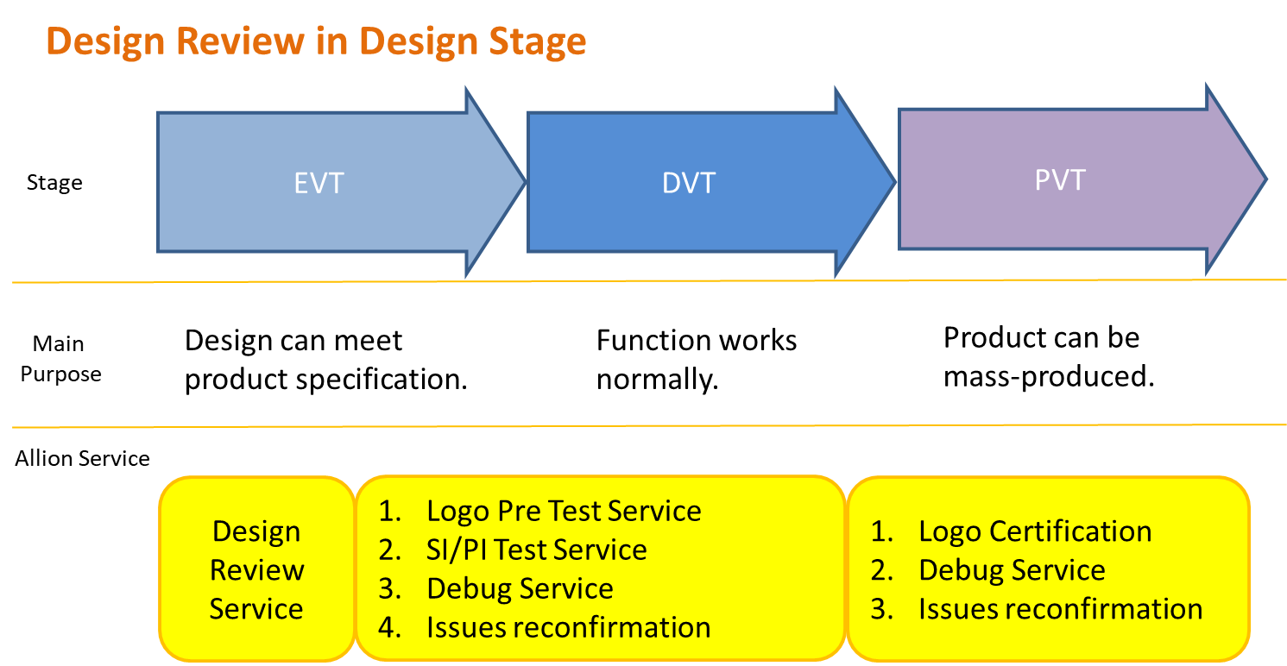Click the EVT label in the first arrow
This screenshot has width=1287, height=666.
pyautogui.click(x=319, y=184)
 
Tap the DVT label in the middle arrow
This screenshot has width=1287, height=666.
pyautogui.click(x=688, y=183)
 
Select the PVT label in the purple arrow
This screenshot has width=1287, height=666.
pyautogui.click(x=1059, y=179)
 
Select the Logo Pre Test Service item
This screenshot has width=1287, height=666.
pyautogui.click(x=563, y=511)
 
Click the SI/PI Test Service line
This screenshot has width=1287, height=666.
pyautogui.click(x=536, y=550)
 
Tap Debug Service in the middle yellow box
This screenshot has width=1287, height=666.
pyautogui.click(x=520, y=588)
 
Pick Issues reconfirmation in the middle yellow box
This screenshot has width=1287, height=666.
pyautogui.click(x=568, y=627)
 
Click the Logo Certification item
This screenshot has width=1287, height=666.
pyautogui.click(x=1034, y=531)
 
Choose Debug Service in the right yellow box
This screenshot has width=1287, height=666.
pyautogui.click(x=1012, y=570)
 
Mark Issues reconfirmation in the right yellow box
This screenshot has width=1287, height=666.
pyautogui.click(x=1060, y=609)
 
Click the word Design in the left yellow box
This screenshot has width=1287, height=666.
pyautogui.click(x=256, y=531)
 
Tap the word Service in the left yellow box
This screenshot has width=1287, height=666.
pyautogui.click(x=256, y=609)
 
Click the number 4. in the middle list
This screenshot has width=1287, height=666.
pyautogui.click(x=391, y=627)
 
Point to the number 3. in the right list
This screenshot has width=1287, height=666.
pyautogui.click(x=882, y=609)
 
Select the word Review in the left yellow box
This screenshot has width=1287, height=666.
pyautogui.click(x=256, y=570)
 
